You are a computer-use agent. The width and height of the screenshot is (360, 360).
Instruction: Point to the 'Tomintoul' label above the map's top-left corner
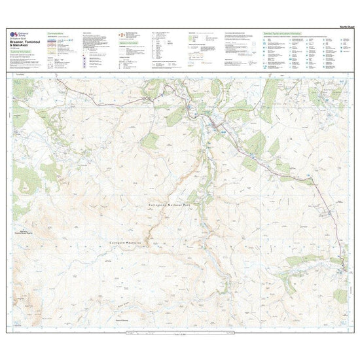[x=19, y=74]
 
